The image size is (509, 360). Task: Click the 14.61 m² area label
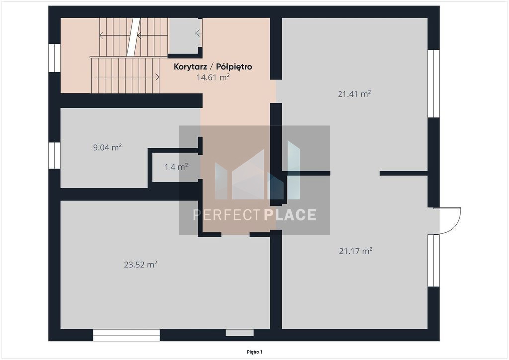coord(213,77)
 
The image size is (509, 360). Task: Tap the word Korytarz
coord(190,67)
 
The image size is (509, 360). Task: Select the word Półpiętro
coord(234,67)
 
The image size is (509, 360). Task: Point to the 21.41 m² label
coord(354,94)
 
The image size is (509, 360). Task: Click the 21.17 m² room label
coord(356,251)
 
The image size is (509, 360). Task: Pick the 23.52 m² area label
coord(140,264)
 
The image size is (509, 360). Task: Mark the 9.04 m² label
coord(107,147)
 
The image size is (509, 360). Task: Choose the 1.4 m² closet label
coord(176,167)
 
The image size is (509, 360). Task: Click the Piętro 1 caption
coord(254,352)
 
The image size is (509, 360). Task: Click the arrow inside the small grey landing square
coord(199,33)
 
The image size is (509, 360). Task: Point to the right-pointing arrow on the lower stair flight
coord(125,77)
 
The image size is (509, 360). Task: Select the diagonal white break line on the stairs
coord(133,37)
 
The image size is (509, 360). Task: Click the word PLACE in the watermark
coord(290,215)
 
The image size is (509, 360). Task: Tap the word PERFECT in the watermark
coord(227,215)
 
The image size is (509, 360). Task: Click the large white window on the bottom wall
coord(126,335)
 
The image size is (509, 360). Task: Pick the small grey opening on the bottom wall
coord(240,333)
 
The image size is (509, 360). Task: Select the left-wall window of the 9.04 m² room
coord(54,156)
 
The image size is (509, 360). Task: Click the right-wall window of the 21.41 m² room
coord(433,84)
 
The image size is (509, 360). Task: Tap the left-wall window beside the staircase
coord(54,58)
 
